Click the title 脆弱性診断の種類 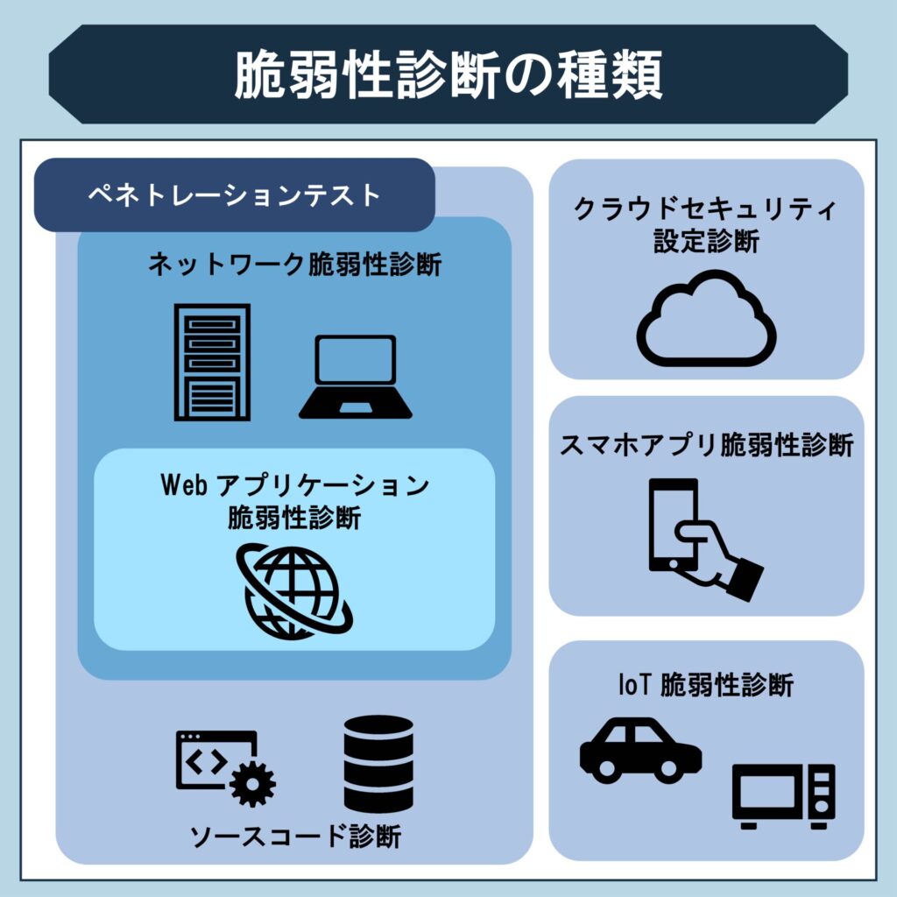tap(448, 75)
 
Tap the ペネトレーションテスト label tap(234, 194)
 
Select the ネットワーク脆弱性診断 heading tap(294, 265)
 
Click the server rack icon tap(212, 362)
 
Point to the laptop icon tap(355, 377)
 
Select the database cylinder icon tap(378, 764)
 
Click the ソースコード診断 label tap(295, 837)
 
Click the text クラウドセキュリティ tap(706, 210)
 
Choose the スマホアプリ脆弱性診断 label tap(706, 445)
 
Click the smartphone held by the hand tap(673, 524)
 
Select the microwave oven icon tap(784, 796)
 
